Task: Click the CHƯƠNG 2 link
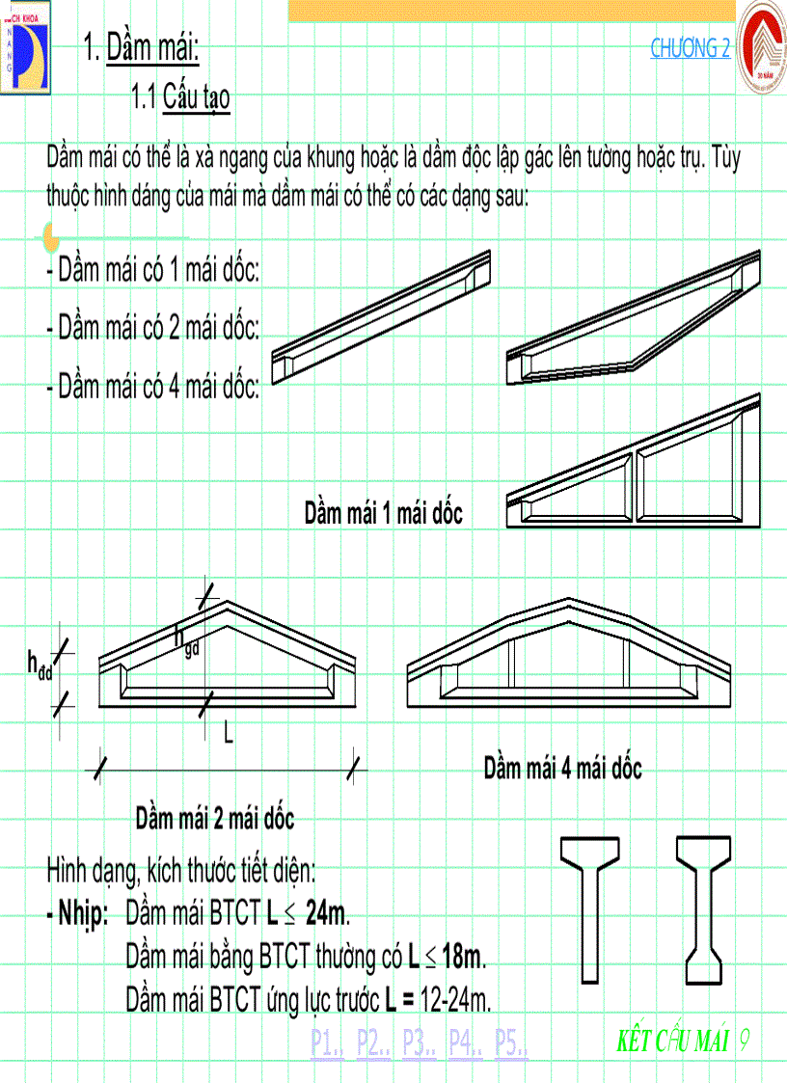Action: pos(690,48)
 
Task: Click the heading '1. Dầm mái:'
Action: pos(142,47)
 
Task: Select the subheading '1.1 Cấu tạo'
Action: pos(181,97)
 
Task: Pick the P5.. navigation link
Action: pos(511,1043)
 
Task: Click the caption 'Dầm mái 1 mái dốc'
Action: pos(383,513)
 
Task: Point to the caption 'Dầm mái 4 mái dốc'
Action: pos(562,769)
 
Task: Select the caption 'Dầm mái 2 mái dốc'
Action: pos(214,820)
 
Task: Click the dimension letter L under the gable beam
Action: pos(229,734)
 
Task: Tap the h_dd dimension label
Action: pos(40,664)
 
